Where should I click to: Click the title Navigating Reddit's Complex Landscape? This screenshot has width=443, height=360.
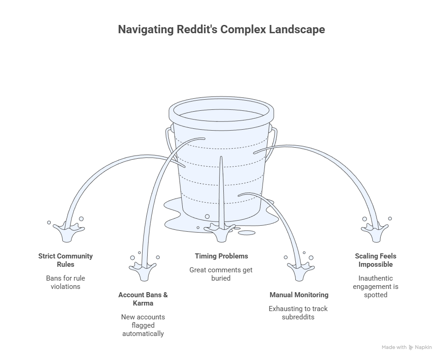[x=221, y=30]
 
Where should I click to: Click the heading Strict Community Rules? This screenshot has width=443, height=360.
[x=66, y=260]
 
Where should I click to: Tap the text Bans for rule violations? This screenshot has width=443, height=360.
[x=66, y=282]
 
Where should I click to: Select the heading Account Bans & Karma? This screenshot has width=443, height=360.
[x=143, y=299]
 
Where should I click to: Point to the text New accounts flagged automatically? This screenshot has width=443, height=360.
[x=143, y=325]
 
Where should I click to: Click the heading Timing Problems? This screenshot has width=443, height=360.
[x=221, y=256]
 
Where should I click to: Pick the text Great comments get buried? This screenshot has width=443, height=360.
[x=221, y=274]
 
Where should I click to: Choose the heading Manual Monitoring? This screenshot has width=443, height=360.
[x=299, y=294]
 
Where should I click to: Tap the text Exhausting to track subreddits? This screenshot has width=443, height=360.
[x=299, y=312]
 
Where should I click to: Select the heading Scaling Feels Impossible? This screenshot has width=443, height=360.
[x=376, y=260]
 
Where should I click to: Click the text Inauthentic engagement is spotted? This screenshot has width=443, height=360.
[x=376, y=286]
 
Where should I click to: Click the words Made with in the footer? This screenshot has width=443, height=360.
[x=394, y=347]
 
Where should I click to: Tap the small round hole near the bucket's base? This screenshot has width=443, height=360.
[x=207, y=216]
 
